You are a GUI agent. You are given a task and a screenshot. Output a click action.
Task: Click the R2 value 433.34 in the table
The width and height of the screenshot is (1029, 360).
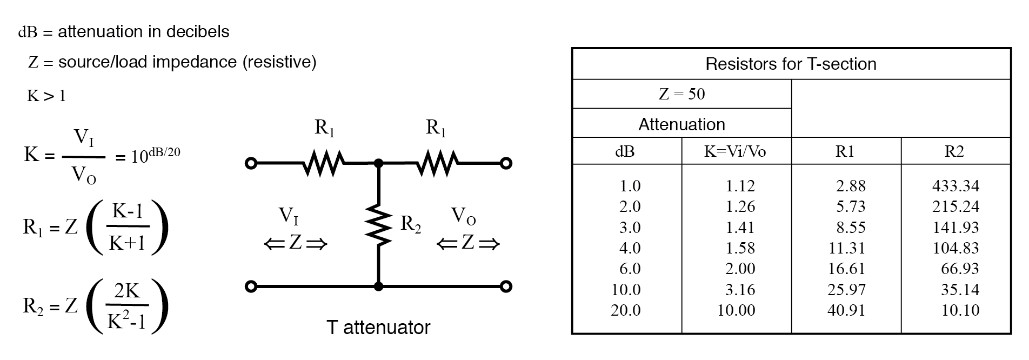point(955,186)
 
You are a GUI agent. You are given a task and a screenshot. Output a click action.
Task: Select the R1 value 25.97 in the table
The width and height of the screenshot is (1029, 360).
point(846,290)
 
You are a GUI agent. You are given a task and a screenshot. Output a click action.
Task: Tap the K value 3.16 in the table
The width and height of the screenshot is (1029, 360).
point(740,290)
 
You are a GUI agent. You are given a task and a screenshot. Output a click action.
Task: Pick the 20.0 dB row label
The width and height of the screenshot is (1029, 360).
point(626,310)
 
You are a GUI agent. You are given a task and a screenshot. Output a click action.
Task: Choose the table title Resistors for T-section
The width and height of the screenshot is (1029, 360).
point(791,64)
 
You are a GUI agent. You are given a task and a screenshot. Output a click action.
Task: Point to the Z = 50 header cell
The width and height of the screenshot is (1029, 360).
point(681,94)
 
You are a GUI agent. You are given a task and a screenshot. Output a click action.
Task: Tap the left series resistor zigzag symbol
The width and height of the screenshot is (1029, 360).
point(323,163)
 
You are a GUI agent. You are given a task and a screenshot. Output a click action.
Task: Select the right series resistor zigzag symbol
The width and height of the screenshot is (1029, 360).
point(437,163)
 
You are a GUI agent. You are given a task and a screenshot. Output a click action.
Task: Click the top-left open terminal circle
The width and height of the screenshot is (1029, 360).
point(250,163)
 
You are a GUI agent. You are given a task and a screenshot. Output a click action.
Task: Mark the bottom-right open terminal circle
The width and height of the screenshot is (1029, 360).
point(506,286)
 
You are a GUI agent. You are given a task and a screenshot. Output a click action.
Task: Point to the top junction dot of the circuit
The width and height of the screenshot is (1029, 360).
point(378,163)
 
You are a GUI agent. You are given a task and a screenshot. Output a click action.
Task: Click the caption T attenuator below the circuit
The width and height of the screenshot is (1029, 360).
point(378,328)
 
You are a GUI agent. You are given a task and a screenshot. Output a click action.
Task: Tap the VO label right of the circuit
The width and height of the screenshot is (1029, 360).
point(463,216)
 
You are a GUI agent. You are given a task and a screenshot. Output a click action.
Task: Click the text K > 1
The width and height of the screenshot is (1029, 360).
point(46,96)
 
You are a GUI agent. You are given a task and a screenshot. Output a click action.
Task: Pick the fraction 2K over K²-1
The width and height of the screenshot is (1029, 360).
point(127,306)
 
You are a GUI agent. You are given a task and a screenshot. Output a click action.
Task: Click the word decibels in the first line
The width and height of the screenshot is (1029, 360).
point(197,32)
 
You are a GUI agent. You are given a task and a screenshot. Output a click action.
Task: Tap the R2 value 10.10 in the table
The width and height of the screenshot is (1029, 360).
point(960,310)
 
